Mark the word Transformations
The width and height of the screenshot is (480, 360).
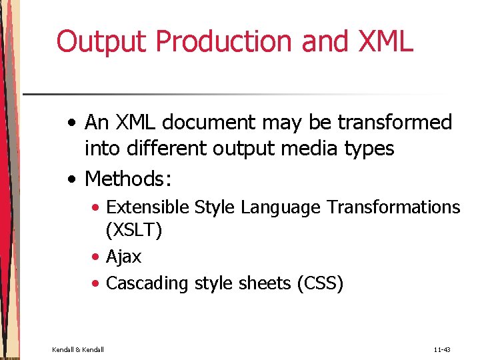click(393, 207)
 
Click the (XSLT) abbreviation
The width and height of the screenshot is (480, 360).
click(134, 231)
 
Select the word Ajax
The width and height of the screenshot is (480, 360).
click(124, 257)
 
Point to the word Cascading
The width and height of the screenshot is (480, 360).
click(147, 283)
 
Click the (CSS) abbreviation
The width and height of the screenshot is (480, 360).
click(319, 283)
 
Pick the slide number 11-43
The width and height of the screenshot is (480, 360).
click(442, 349)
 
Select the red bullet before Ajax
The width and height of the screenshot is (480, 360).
click(97, 257)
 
